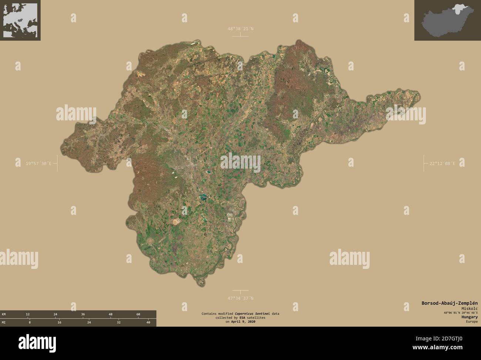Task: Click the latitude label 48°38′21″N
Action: (240, 29)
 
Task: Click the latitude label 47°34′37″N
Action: (240, 298)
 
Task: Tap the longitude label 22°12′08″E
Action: (442, 163)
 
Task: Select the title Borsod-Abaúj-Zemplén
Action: (449, 303)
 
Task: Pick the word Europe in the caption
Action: (472, 321)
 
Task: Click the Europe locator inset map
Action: (20, 20)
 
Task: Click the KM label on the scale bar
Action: (4, 314)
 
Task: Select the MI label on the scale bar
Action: (4, 323)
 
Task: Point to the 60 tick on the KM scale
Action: (138, 314)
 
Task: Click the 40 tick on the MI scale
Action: (148, 323)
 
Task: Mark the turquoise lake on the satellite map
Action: (203, 197)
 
